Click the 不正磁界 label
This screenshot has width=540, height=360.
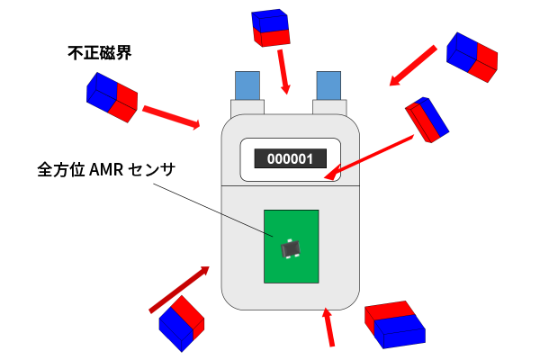100,53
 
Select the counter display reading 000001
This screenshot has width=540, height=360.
289,158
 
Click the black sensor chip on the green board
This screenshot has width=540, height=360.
290,248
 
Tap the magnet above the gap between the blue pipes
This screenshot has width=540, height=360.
273,27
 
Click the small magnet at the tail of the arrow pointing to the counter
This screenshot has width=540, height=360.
427,119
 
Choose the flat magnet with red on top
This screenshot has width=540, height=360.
393,325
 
